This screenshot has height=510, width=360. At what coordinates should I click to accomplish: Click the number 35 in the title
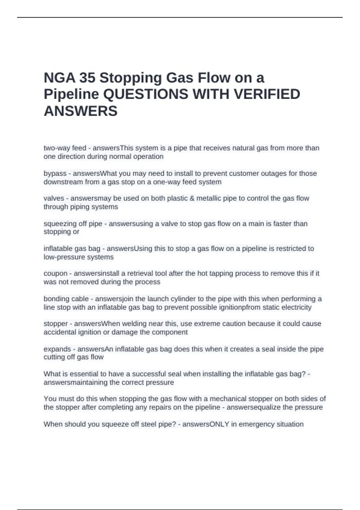tap(87, 78)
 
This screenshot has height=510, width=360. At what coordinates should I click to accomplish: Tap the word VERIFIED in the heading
tap(267, 94)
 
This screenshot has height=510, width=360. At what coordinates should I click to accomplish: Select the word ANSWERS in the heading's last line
tap(81, 111)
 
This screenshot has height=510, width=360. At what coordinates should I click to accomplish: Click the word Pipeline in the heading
tap(71, 94)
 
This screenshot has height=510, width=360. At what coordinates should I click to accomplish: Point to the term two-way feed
tap(65, 148)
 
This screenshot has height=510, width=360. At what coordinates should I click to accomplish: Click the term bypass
tap(55, 173)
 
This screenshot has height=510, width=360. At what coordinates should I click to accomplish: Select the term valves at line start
tap(54, 198)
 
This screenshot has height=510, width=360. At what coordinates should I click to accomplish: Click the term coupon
tap(55, 273)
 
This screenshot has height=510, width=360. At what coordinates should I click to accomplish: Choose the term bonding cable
tap(66, 299)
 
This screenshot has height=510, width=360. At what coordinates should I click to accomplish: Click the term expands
tap(57, 349)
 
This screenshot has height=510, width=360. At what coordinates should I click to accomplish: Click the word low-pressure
tap(62, 257)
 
